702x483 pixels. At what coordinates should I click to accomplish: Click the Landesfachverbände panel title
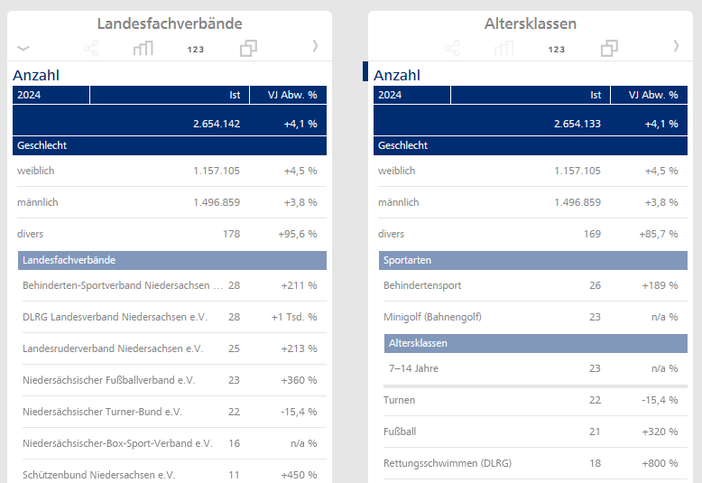[170, 23]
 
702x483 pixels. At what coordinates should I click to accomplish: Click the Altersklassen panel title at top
[531, 23]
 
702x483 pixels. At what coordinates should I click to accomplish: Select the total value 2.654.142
[217, 124]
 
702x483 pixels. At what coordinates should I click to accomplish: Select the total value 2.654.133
[577, 124]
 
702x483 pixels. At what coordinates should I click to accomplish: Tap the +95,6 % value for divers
[298, 234]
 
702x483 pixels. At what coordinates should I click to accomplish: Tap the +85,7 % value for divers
[659, 234]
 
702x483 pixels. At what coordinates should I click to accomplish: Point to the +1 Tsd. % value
[294, 317]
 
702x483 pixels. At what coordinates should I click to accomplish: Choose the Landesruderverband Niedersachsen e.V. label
[113, 348]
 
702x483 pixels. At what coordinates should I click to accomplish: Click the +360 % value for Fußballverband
[299, 380]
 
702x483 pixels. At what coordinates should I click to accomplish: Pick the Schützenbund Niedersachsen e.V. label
[99, 475]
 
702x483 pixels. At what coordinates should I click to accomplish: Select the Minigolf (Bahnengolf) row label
[432, 317]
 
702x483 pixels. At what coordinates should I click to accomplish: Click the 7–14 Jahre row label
[413, 368]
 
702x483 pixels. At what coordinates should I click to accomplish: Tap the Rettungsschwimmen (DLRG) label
[448, 463]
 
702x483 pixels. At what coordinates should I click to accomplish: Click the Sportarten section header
[408, 260]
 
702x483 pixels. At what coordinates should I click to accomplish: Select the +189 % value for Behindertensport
[660, 285]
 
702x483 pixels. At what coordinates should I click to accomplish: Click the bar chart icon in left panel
[143, 48]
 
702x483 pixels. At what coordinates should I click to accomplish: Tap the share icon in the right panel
[452, 48]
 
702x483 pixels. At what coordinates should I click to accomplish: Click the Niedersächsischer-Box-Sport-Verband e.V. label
[117, 443]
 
